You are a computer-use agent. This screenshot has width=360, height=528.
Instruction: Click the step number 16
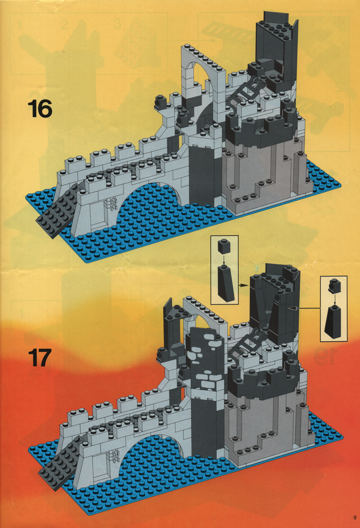40,109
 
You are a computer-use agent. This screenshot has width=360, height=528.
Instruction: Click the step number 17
40,357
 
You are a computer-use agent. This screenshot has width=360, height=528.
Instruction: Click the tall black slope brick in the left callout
226,283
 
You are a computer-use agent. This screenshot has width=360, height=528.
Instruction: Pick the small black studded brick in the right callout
334,285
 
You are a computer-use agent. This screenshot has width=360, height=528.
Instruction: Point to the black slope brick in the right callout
334,321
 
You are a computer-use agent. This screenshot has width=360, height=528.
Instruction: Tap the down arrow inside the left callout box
224,259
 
